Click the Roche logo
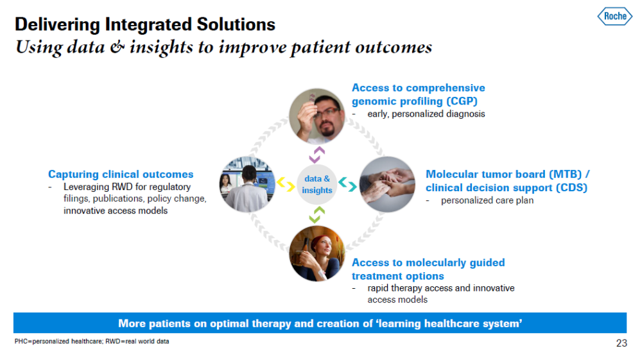tap(614, 17)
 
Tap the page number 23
tap(621, 343)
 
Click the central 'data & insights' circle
tap(317, 185)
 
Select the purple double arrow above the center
tap(317, 155)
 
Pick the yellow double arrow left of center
tap(286, 184)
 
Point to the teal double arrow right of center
tap(347, 184)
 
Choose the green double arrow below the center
tap(317, 215)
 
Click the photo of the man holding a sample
tap(317, 116)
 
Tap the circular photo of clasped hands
tap(387, 184)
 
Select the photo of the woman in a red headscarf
tap(317, 253)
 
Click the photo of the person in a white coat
tap(247, 184)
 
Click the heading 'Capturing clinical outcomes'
tap(121, 175)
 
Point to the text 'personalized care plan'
tap(487, 200)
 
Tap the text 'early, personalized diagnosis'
tap(426, 114)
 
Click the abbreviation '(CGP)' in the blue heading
tap(462, 101)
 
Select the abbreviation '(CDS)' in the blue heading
tap(571, 187)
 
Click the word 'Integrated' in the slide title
tap(149, 24)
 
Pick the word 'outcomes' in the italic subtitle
tap(394, 47)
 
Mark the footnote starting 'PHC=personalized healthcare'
tap(92, 341)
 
